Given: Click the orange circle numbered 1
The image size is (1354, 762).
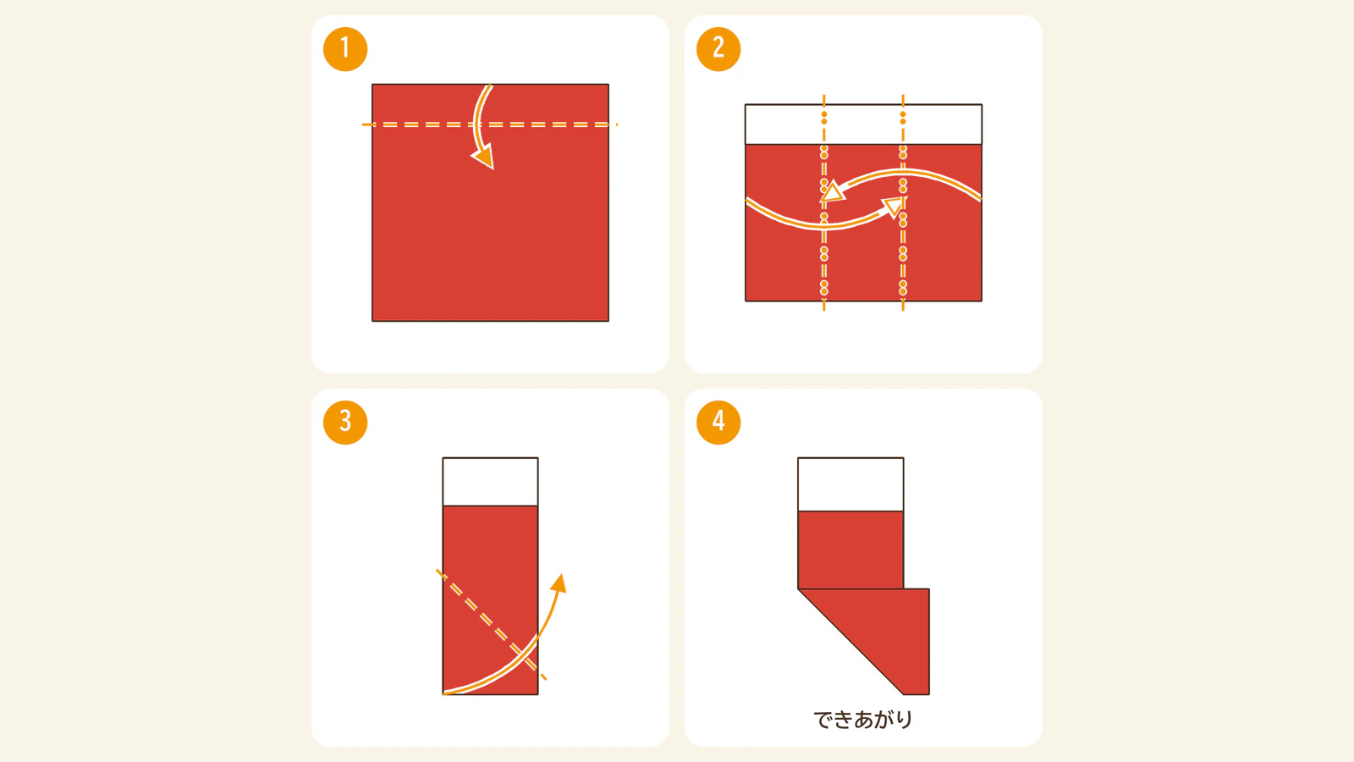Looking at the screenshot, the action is [x=345, y=49].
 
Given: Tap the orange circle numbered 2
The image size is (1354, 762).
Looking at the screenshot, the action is [x=718, y=49].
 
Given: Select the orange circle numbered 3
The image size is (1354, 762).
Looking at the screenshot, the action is [x=345, y=422].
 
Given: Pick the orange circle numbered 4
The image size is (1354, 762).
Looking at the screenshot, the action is [x=718, y=422].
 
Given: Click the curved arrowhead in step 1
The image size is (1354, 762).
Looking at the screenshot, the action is [x=484, y=157].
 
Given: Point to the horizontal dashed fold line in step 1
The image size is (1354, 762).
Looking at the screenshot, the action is [x=490, y=124].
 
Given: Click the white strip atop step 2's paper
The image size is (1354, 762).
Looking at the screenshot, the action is [x=863, y=124].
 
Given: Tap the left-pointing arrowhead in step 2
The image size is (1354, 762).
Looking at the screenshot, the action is [x=832, y=191].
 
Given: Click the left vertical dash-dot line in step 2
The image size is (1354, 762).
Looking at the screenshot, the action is [x=824, y=202].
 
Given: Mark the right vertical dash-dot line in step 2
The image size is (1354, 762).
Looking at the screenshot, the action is [x=903, y=202].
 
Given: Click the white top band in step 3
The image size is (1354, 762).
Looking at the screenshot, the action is [x=490, y=482].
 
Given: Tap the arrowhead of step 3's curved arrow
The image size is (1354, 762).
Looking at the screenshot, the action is [x=559, y=583].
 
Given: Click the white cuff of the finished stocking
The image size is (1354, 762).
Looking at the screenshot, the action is [x=850, y=484].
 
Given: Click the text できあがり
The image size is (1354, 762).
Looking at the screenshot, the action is [x=862, y=720].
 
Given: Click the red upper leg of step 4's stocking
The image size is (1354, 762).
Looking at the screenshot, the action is [x=850, y=549].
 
